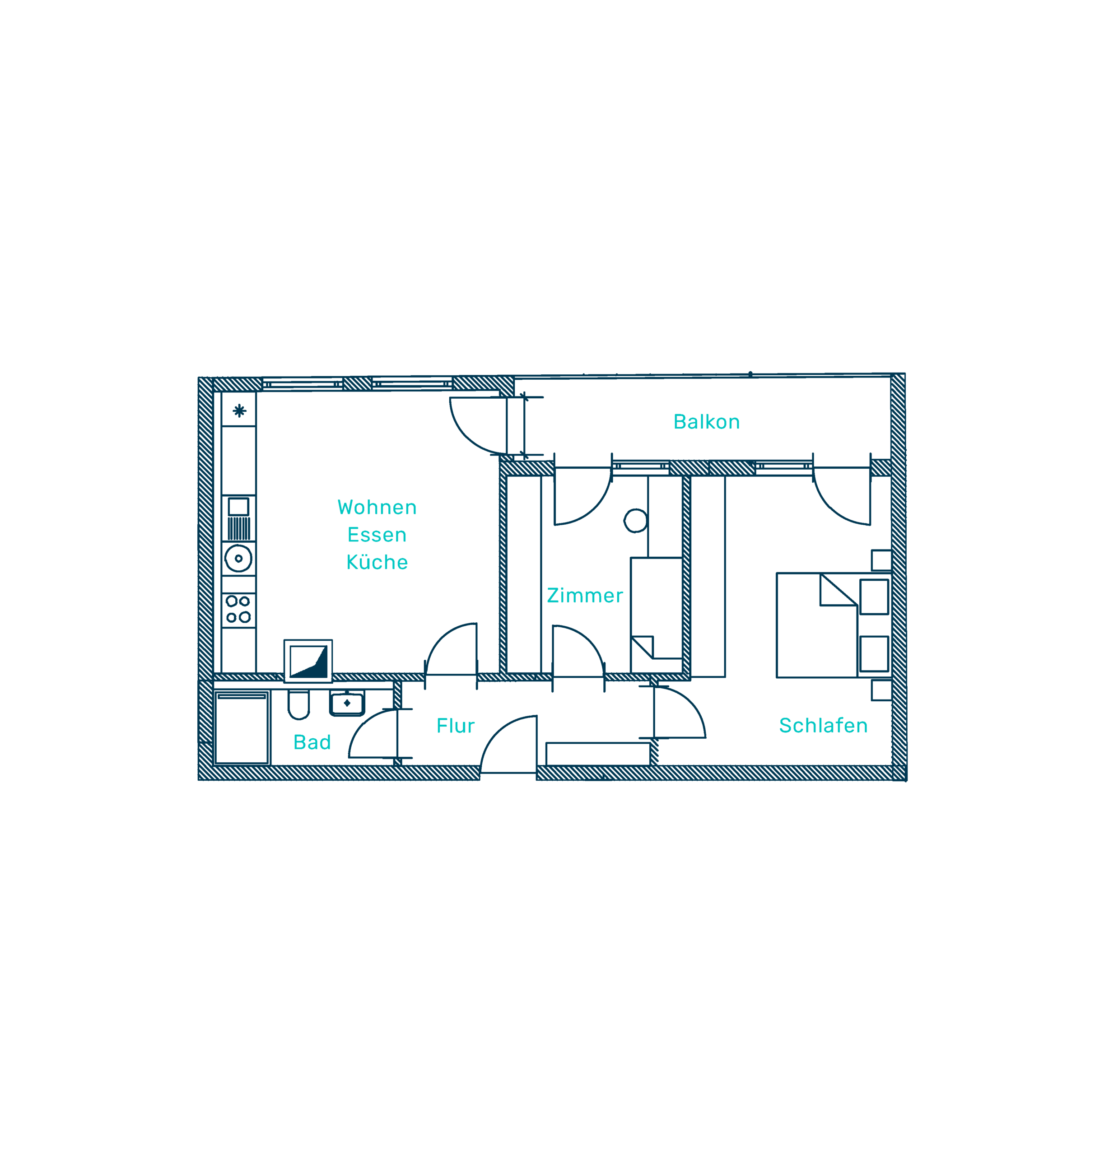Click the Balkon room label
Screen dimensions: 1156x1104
click(x=706, y=422)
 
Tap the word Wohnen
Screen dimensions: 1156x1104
click(x=377, y=508)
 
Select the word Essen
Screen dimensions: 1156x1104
click(x=377, y=535)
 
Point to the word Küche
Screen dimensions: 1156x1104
click(x=377, y=562)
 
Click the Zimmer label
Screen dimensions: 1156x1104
click(x=584, y=596)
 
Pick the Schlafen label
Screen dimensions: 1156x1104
click(x=823, y=726)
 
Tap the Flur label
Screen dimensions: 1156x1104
click(x=455, y=726)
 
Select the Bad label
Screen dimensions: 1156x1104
click(x=312, y=742)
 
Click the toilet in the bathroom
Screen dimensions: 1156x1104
click(x=298, y=704)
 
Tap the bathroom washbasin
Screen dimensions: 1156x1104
click(x=347, y=704)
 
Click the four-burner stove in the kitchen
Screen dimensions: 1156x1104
click(x=238, y=609)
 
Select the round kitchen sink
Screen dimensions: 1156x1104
click(x=238, y=559)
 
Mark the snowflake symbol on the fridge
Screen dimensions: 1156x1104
click(x=239, y=410)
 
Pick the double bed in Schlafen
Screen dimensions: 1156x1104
click(x=817, y=625)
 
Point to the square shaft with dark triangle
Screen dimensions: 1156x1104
click(x=308, y=660)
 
